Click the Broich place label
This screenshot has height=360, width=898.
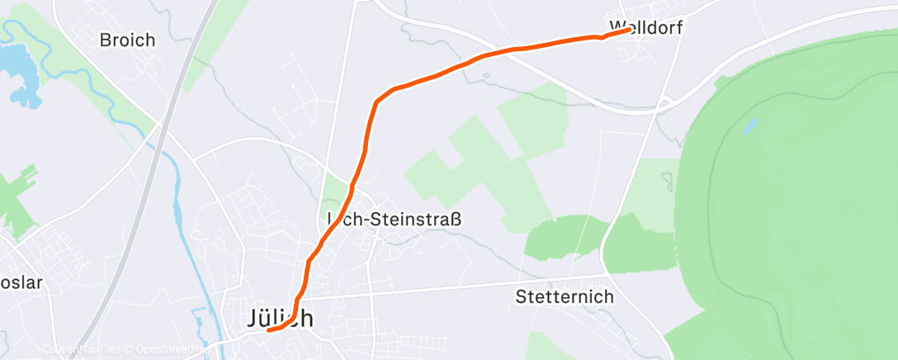[x=127, y=40]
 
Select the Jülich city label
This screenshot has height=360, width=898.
[x=281, y=319]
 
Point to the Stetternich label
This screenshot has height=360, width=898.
[x=564, y=296]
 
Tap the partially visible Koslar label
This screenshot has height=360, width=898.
[x=20, y=283]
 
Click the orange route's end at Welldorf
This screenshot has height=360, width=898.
[x=630, y=30]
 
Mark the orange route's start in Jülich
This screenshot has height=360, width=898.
[x=268, y=332]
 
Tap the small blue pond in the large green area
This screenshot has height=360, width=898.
[x=749, y=126]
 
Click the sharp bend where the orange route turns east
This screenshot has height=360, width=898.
[x=378, y=101]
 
